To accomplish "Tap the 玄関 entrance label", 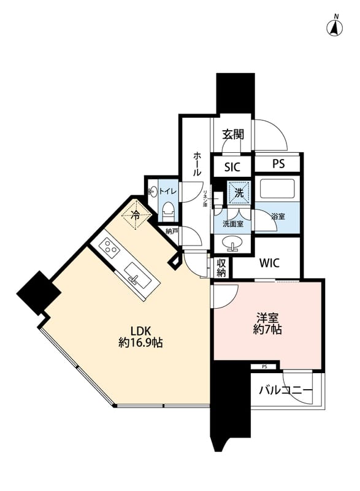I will (x=232, y=134).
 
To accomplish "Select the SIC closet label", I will (x=232, y=167).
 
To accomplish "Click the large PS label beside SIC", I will (x=278, y=164).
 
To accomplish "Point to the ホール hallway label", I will (x=197, y=164).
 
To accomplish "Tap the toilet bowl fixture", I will (x=169, y=211).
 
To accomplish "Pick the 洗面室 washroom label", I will (x=233, y=224).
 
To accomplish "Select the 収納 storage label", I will (x=221, y=268).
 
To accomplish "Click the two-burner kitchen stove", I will (x=110, y=248).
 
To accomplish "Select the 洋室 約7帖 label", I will (x=268, y=323).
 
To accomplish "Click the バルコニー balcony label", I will (x=285, y=390).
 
